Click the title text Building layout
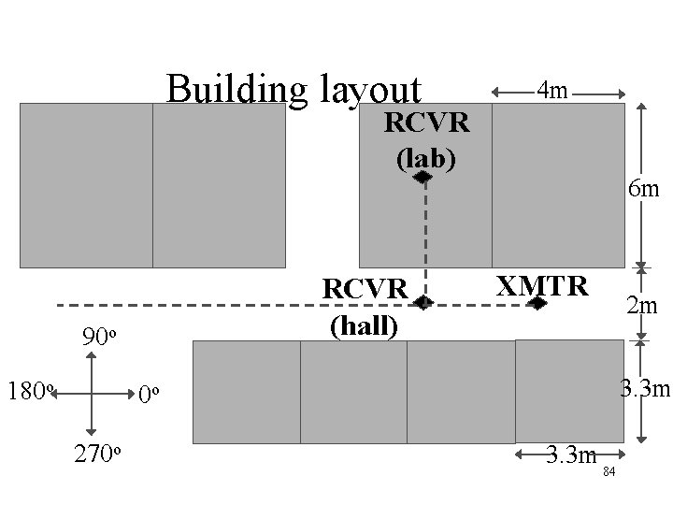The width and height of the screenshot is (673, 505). click(294, 91)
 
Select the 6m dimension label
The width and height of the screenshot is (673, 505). click(645, 190)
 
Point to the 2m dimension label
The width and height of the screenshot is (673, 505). click(641, 306)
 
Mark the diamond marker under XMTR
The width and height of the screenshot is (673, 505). click(537, 303)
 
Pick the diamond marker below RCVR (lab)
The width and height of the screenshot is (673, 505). click(422, 176)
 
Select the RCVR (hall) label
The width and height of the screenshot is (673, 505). click(365, 306)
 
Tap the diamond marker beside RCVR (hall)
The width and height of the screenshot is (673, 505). click(423, 302)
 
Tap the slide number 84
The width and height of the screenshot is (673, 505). click(609, 471)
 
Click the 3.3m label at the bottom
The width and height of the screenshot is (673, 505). click(570, 456)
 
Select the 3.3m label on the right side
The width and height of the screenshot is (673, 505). click(646, 385)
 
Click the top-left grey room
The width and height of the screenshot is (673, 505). click(86, 185)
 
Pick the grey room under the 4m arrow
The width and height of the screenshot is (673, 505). click(558, 185)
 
